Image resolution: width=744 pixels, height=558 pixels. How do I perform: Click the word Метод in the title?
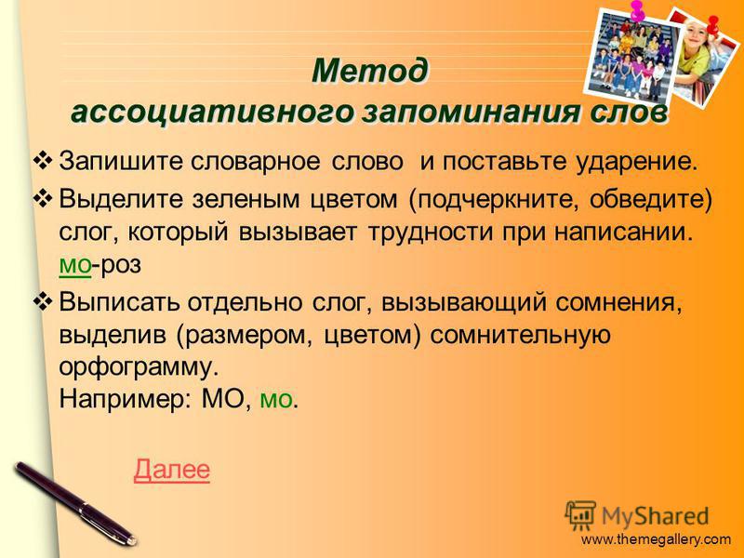[x=370, y=71]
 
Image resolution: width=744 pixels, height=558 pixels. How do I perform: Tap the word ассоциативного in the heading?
[x=213, y=113]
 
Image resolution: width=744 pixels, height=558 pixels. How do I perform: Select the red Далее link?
[x=172, y=470]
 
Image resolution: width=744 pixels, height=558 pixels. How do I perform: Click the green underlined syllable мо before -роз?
[x=74, y=264]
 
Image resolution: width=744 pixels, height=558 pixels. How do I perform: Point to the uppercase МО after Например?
[x=222, y=399]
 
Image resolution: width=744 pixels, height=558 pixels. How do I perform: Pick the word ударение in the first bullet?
[x=637, y=161]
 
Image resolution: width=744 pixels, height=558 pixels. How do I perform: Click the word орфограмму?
[x=139, y=367]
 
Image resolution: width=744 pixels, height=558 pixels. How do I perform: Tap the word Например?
[x=125, y=399]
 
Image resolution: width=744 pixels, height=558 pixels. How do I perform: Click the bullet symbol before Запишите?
[x=43, y=158]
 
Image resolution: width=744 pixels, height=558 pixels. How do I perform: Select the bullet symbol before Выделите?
[x=43, y=197]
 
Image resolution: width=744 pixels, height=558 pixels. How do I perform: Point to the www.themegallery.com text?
[x=656, y=539]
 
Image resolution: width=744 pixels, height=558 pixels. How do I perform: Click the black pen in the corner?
[x=75, y=503]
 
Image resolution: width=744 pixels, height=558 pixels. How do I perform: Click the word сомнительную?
[x=520, y=336]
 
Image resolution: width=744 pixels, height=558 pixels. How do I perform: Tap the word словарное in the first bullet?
[x=255, y=162]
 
